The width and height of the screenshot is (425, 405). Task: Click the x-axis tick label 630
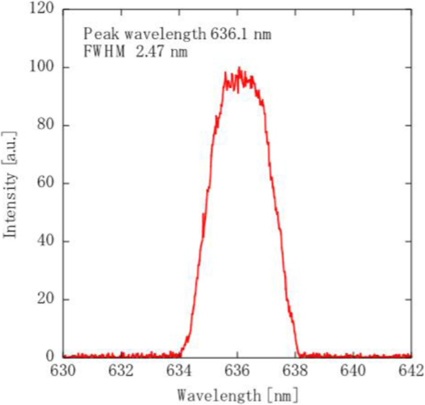tap(63, 371)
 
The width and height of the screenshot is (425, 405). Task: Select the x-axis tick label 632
tap(121, 371)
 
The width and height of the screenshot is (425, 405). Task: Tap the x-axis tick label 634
tap(179, 371)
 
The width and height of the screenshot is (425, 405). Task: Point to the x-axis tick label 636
tap(237, 371)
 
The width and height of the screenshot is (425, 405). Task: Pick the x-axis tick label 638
tap(295, 371)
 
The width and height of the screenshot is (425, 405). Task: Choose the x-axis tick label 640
tap(353, 371)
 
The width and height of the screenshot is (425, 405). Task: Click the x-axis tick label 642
tap(410, 371)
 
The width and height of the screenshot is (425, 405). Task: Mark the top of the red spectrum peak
tap(239, 68)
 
